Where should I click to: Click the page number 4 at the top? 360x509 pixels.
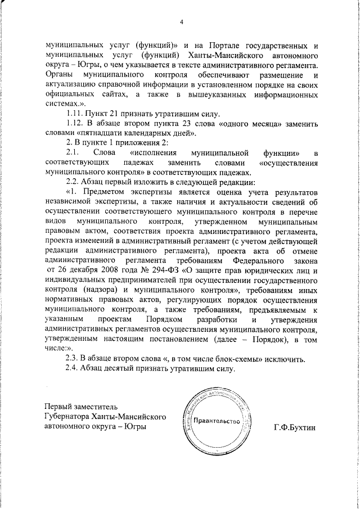tap(181, 22)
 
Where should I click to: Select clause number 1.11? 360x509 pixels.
tap(74, 113)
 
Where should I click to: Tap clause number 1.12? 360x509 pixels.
tap(75, 123)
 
